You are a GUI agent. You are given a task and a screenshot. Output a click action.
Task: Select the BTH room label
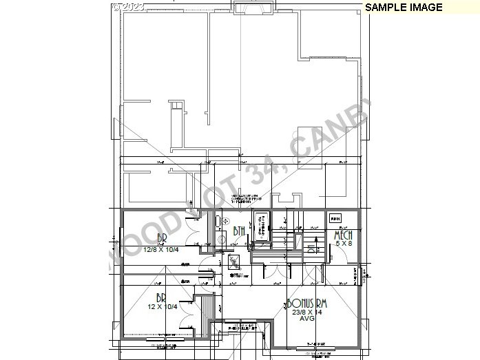(240, 231)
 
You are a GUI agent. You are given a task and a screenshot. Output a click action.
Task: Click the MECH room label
(343, 236)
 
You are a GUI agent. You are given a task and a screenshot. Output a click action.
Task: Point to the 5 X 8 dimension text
(343, 244)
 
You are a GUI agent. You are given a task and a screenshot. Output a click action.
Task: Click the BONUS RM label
(306, 304)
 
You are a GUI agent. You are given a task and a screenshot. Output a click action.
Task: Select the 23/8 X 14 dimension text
(306, 312)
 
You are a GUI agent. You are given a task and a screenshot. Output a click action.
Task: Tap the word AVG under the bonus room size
(306, 319)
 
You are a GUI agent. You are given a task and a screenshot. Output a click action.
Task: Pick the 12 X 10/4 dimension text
(163, 306)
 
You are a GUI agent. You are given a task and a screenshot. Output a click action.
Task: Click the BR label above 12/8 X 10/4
(163, 239)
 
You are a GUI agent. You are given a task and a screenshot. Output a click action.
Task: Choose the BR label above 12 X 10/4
(162, 298)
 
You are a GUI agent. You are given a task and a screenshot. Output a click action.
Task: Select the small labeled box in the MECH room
(335, 219)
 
